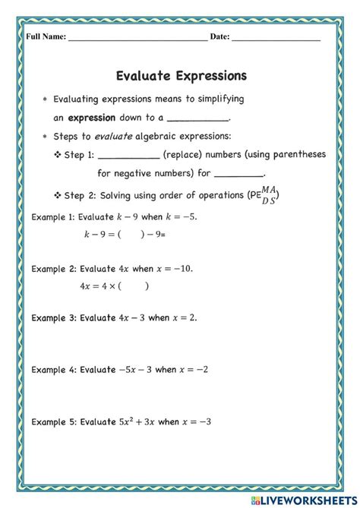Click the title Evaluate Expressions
182,76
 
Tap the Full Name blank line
137,37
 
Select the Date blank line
276,37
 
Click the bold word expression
91,118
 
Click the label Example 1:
53,217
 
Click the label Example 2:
53,268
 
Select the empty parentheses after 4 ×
132,286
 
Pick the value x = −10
175,268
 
